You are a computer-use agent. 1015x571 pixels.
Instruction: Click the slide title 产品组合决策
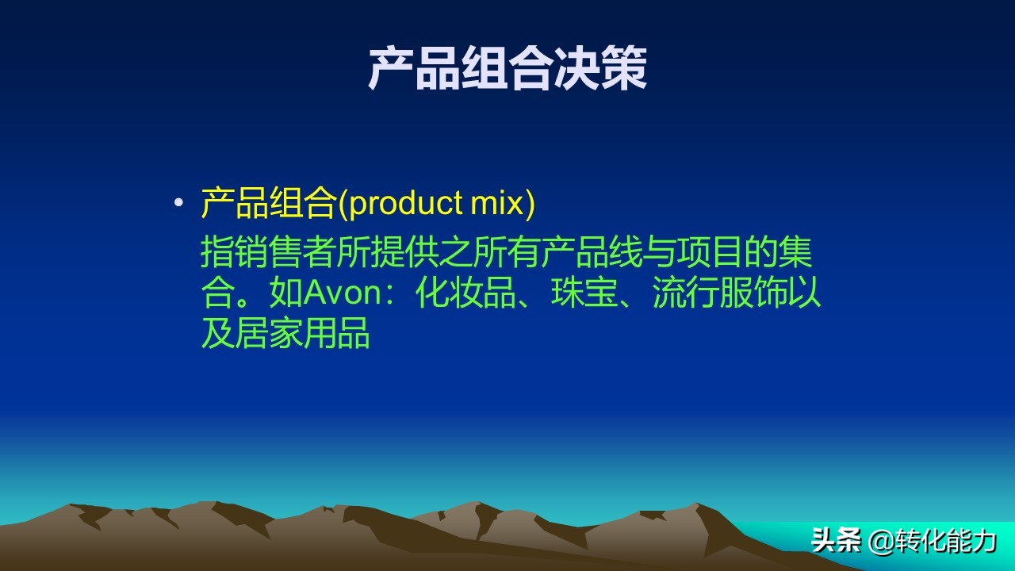(x=507, y=68)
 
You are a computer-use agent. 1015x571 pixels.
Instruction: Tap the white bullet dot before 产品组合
(x=179, y=202)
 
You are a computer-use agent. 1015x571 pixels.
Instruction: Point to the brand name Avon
(x=343, y=293)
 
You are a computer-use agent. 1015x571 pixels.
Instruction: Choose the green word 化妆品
(x=465, y=293)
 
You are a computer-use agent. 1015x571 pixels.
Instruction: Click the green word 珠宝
(x=584, y=293)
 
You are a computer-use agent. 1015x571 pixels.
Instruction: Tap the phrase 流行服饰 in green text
(x=719, y=293)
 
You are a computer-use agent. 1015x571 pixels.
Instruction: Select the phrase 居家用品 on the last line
(x=302, y=333)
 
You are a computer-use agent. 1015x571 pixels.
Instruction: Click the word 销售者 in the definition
(x=285, y=252)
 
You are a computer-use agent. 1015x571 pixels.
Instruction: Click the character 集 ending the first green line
(x=795, y=252)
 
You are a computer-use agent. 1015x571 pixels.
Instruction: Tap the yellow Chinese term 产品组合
(x=269, y=203)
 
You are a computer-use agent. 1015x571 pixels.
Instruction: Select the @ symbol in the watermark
(x=881, y=542)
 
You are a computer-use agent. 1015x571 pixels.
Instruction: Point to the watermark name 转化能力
(x=945, y=541)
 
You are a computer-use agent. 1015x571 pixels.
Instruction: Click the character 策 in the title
(x=624, y=68)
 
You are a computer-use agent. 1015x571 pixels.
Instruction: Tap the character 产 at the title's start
(x=391, y=68)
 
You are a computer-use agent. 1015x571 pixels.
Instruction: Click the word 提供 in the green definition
(x=404, y=252)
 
